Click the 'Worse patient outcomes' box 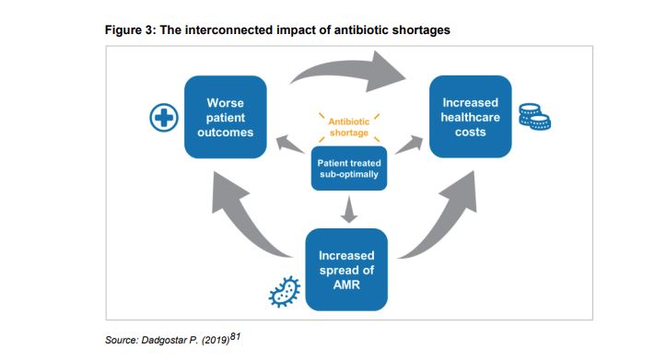pos(226,117)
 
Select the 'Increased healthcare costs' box pos(471,117)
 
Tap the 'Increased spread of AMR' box pos(347,269)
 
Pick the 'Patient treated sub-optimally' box pos(348,168)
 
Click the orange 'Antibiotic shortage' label pos(348,126)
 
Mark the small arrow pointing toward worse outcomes pos(291,144)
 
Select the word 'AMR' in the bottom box pos(347,285)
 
